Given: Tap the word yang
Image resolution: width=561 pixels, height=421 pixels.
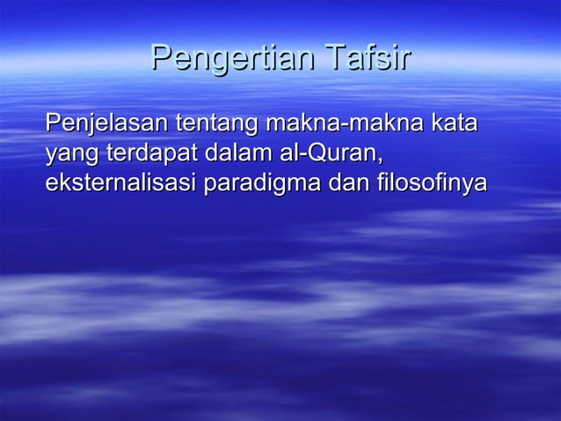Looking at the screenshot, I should point(71,156).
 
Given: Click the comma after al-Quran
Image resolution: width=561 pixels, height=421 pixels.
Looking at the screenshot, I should point(382,161).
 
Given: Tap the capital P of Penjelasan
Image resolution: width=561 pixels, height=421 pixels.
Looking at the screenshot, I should point(53,124).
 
